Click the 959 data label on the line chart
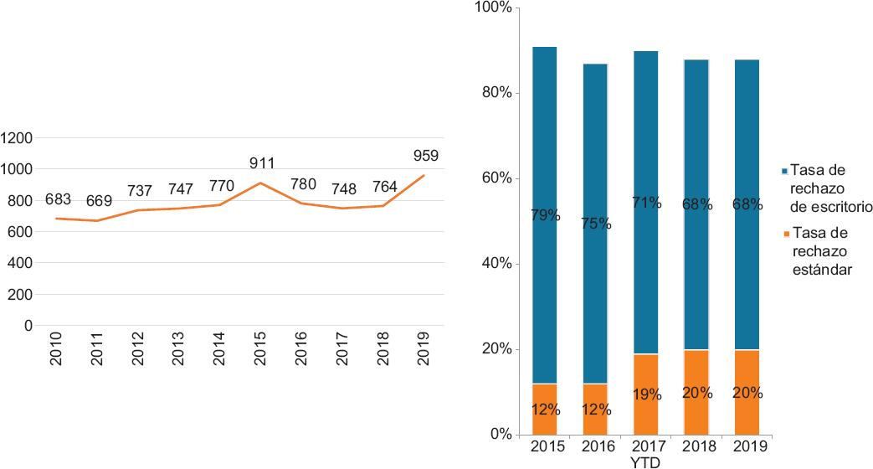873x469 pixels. (x=425, y=155)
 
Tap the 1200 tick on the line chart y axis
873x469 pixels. (x=17, y=138)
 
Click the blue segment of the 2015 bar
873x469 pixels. (x=545, y=151)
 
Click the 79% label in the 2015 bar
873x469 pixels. (x=545, y=216)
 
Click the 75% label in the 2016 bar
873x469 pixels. (x=595, y=224)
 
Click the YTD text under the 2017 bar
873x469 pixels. (x=645, y=461)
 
